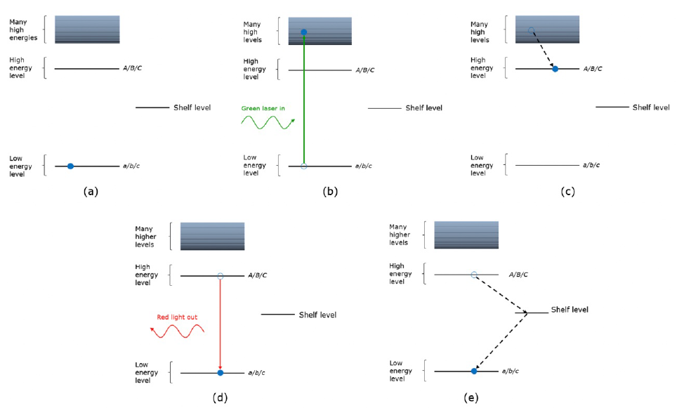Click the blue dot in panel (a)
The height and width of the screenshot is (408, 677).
[70, 166]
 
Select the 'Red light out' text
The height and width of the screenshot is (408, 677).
[177, 317]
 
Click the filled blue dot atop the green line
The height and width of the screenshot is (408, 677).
[304, 32]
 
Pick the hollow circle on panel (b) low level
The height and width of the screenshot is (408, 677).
[304, 166]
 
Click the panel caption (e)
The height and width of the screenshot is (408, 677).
[472, 397]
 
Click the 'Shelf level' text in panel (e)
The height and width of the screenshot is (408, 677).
[570, 310]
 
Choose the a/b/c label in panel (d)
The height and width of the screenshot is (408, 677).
[256, 372]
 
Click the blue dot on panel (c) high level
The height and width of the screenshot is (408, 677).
[556, 69]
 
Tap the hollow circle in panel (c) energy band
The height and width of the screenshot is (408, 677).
[532, 30]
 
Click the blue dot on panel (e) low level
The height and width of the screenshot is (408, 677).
[474, 371]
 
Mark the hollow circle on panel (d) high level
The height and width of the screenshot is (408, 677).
[221, 276]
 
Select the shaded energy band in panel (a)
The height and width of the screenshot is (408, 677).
[87, 29]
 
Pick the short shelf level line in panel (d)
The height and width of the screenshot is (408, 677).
[278, 315]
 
